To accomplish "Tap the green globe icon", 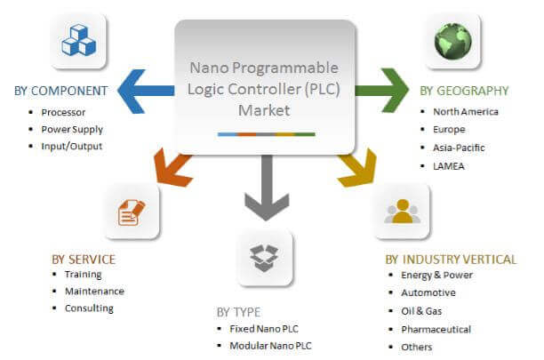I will (x=452, y=42).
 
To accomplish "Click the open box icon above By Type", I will (x=264, y=259).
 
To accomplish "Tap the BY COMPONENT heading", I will (x=61, y=91).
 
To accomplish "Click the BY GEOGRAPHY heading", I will (x=465, y=91).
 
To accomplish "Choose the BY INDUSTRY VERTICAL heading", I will (x=451, y=260).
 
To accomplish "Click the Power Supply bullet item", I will (x=70, y=128).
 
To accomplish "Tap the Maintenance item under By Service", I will (x=94, y=291).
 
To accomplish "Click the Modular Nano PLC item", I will (x=271, y=346).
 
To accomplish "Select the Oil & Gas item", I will (x=422, y=311).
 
